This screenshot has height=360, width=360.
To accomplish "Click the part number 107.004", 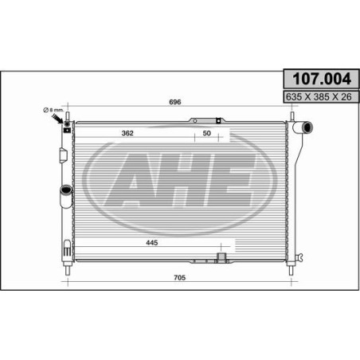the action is [322, 79].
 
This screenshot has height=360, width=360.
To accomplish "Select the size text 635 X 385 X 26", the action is [319, 97].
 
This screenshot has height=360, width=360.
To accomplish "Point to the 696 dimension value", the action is [175, 102].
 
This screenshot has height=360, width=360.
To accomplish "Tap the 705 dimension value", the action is [179, 277].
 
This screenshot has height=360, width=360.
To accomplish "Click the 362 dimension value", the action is [127, 133].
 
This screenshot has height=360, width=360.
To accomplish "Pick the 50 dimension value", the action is [207, 133].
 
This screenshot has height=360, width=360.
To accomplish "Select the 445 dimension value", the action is [152, 242].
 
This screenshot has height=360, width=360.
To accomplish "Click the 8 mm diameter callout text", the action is [53, 110].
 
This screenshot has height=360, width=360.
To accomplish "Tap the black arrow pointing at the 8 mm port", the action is [57, 119].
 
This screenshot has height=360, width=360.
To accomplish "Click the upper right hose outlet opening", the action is [307, 127].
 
